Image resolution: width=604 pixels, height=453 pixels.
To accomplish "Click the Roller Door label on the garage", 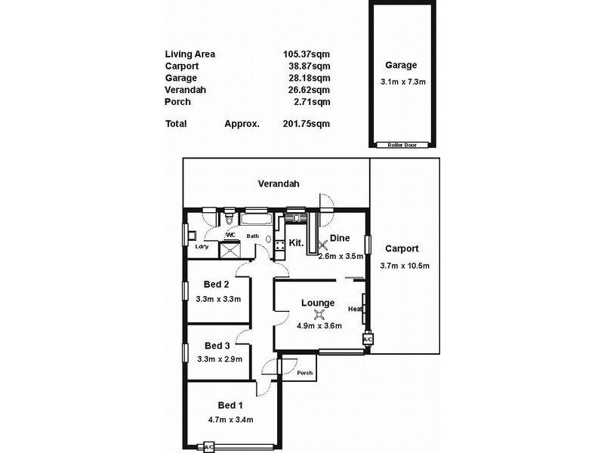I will (400, 144).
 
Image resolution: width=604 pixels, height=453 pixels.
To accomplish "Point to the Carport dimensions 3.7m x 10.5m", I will (402, 265).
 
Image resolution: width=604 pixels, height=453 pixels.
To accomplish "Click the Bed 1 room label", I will (231, 405).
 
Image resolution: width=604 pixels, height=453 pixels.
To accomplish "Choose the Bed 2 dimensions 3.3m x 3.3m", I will (217, 299).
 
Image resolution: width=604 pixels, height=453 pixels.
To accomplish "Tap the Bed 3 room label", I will (217, 345).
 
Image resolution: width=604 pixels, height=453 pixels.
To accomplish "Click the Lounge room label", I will (318, 303).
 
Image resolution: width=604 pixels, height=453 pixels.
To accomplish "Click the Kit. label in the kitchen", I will (297, 243).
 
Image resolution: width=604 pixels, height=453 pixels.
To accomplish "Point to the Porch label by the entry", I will (304, 373).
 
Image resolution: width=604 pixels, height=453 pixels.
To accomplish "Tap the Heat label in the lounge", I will (354, 309).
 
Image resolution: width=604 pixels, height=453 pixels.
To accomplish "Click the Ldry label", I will (202, 246).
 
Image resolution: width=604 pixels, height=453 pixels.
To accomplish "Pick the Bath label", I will (252, 236).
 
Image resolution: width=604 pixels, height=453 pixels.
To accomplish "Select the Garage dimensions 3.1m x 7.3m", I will (400, 82).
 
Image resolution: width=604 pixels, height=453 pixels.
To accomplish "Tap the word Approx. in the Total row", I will (242, 124).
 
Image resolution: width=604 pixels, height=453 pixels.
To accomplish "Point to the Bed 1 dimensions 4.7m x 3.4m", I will (230, 420).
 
